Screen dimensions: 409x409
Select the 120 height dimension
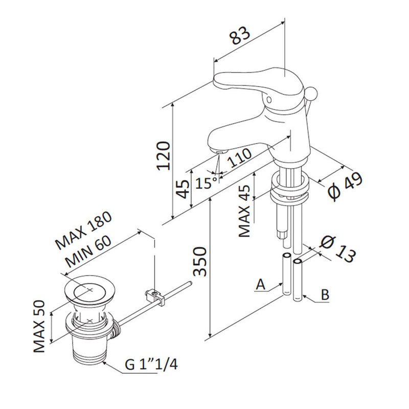point(162,156)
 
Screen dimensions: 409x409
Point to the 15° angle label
point(207,183)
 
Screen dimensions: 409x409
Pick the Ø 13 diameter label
point(336,248)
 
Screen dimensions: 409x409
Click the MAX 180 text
point(84,229)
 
